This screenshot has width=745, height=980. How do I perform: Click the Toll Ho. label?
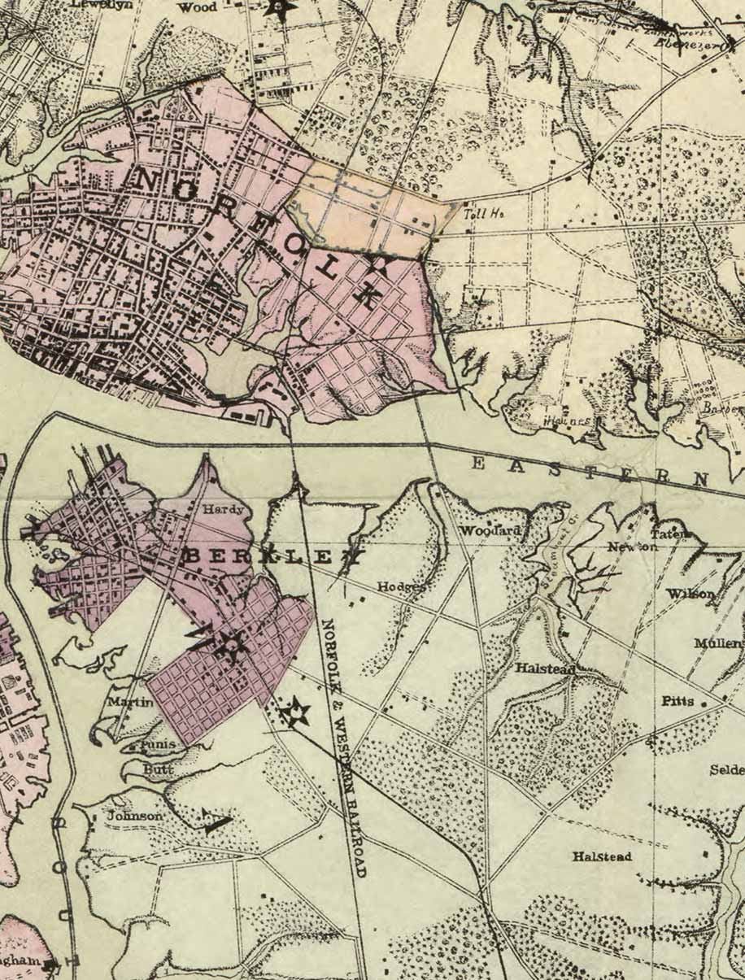(484, 214)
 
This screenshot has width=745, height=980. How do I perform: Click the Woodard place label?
(490, 531)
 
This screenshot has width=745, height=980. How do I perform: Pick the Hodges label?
(401, 586)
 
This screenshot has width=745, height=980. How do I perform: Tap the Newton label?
(632, 547)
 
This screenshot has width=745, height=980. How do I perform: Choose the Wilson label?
(691, 594)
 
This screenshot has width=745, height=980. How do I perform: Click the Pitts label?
(677, 700)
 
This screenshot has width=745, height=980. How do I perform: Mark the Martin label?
(130, 701)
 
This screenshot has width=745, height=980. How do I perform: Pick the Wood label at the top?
(197, 7)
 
